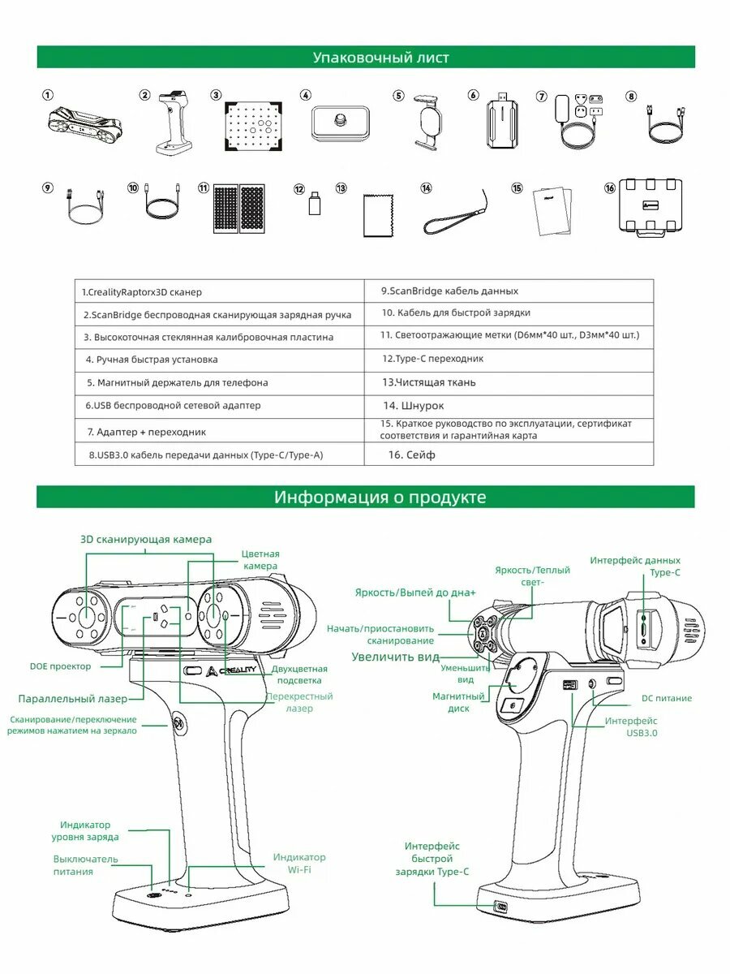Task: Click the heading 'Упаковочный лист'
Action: [x=380, y=58]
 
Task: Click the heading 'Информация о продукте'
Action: [x=380, y=497]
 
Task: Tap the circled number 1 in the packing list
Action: [x=48, y=95]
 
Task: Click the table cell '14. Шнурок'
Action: [x=414, y=406]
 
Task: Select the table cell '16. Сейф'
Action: [x=411, y=455]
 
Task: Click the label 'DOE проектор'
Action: [x=60, y=666]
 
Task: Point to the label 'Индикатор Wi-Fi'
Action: [x=298, y=863]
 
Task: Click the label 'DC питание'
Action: [x=666, y=698]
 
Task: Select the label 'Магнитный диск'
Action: [x=458, y=702]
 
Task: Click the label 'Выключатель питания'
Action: [x=85, y=864]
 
